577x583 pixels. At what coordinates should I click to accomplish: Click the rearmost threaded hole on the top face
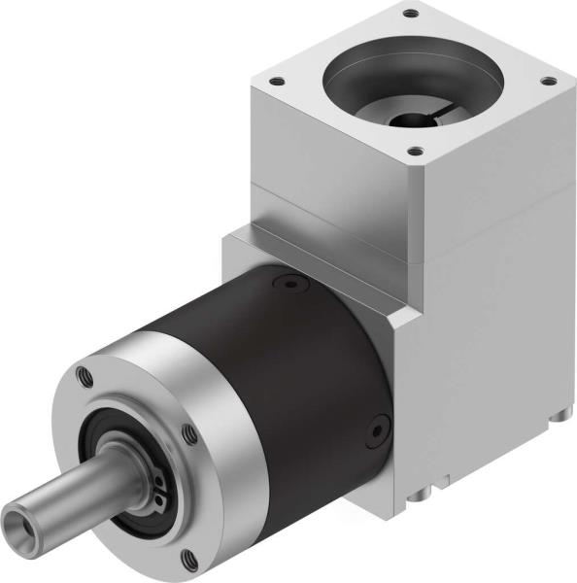pyautogui.click(x=409, y=14)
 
